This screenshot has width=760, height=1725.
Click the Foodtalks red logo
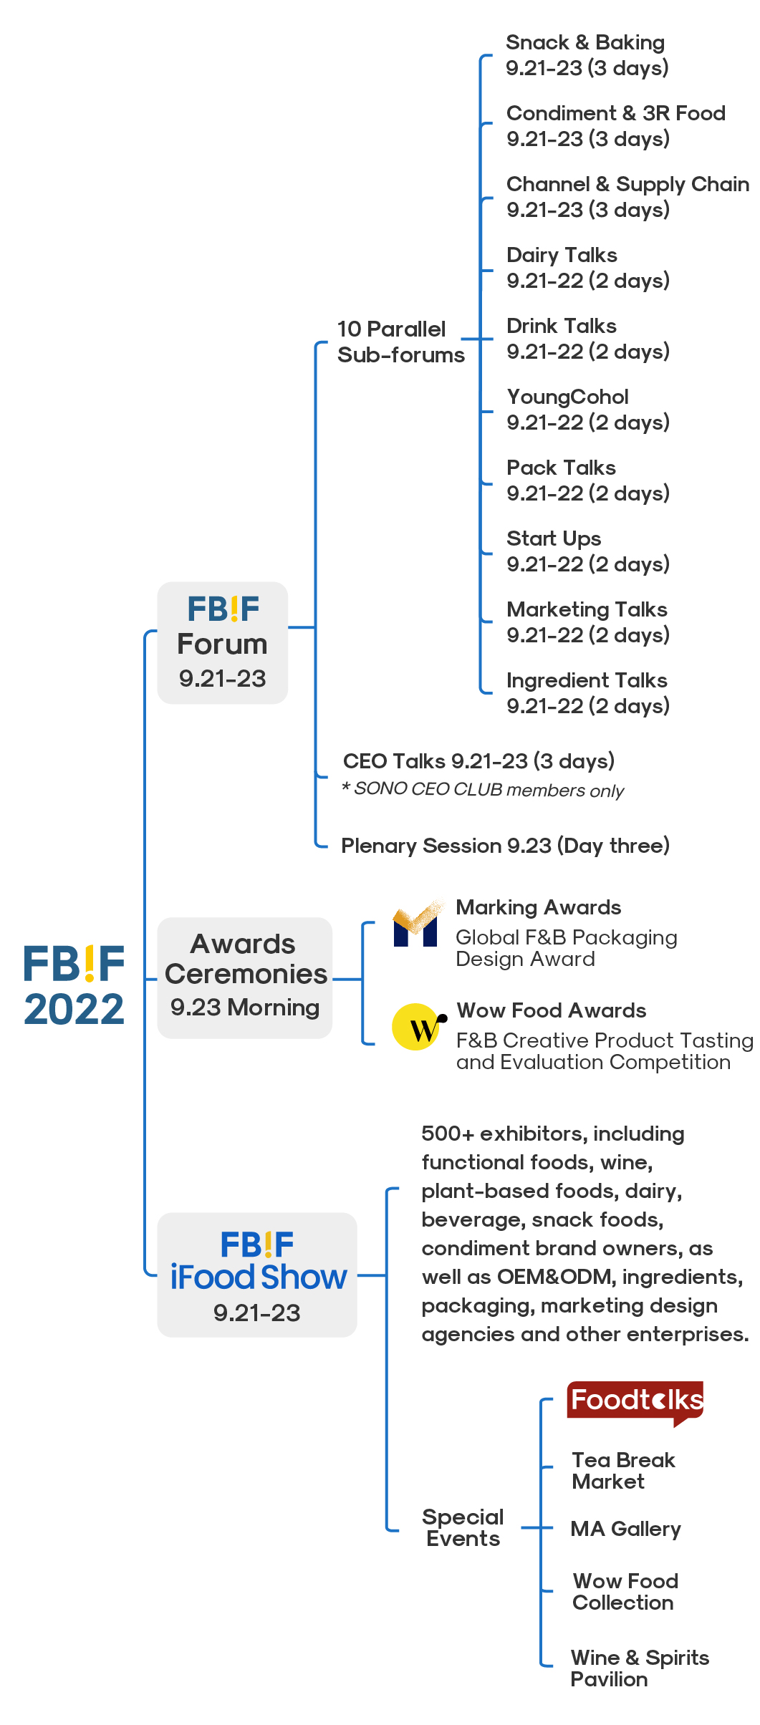pyautogui.click(x=635, y=1402)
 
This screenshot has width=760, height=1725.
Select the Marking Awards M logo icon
pyautogui.click(x=417, y=924)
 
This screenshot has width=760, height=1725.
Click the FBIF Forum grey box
pyautogui.click(x=223, y=642)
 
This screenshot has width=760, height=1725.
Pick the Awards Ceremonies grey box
pyautogui.click(x=245, y=977)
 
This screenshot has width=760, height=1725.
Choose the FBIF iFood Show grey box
pyautogui.click(x=257, y=1275)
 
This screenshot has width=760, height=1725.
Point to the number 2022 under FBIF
pyautogui.click(x=74, y=1010)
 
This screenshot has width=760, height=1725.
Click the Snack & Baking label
pyautogui.click(x=585, y=42)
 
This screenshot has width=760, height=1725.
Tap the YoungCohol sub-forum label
pyautogui.click(x=567, y=397)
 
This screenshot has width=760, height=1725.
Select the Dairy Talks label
pyautogui.click(x=562, y=255)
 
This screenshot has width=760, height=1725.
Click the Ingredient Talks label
pyautogui.click(x=587, y=680)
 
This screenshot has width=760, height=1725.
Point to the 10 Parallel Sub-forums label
pyautogui.click(x=400, y=342)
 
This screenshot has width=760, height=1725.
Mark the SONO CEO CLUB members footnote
pyautogui.click(x=483, y=789)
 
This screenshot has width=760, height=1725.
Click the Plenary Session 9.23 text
pyautogui.click(x=446, y=846)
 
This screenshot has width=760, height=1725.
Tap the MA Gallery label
pyautogui.click(x=625, y=1529)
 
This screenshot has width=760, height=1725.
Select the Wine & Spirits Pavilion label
pyautogui.click(x=640, y=1668)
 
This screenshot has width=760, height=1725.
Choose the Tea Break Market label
pyautogui.click(x=623, y=1470)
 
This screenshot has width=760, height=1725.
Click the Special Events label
pyautogui.click(x=463, y=1527)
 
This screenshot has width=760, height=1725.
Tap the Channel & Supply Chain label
pyautogui.click(x=627, y=185)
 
